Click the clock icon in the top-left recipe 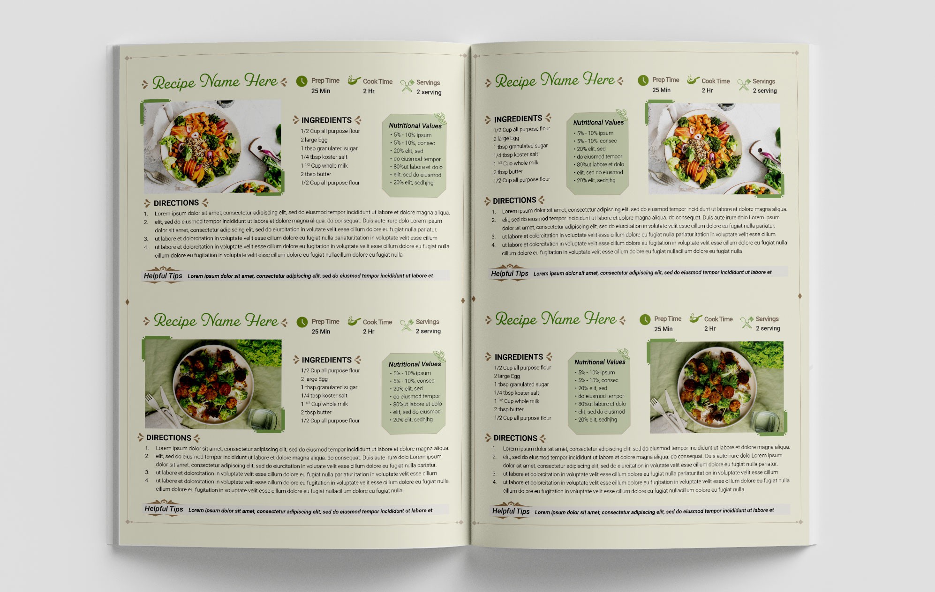302,81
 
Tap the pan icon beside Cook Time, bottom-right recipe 696,318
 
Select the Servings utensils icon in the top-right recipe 744,84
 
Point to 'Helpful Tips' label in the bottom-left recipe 164,509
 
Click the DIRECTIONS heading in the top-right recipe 514,200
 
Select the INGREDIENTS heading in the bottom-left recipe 326,360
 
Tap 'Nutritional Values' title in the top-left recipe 415,126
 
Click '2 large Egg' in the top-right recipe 506,138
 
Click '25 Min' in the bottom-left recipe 321,332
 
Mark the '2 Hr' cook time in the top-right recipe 707,90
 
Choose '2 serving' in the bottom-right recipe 768,328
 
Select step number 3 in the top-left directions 146,239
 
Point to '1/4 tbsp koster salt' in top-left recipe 324,157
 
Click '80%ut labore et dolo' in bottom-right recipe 602,404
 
